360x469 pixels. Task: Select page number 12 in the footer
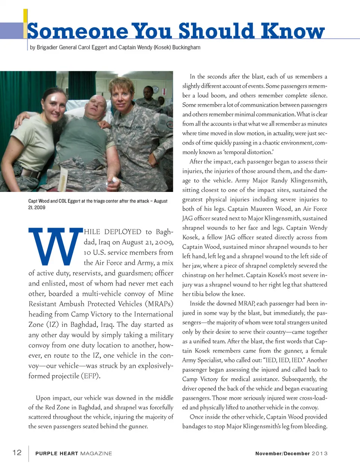point(17,453)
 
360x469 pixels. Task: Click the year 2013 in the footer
point(319,454)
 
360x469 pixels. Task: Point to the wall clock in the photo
point(155,90)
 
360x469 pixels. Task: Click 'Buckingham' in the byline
point(186,48)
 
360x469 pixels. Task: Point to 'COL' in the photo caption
point(63,201)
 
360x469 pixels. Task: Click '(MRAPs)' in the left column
point(159,304)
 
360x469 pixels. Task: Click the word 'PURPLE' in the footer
point(46,454)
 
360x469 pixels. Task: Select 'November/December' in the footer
point(282,454)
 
